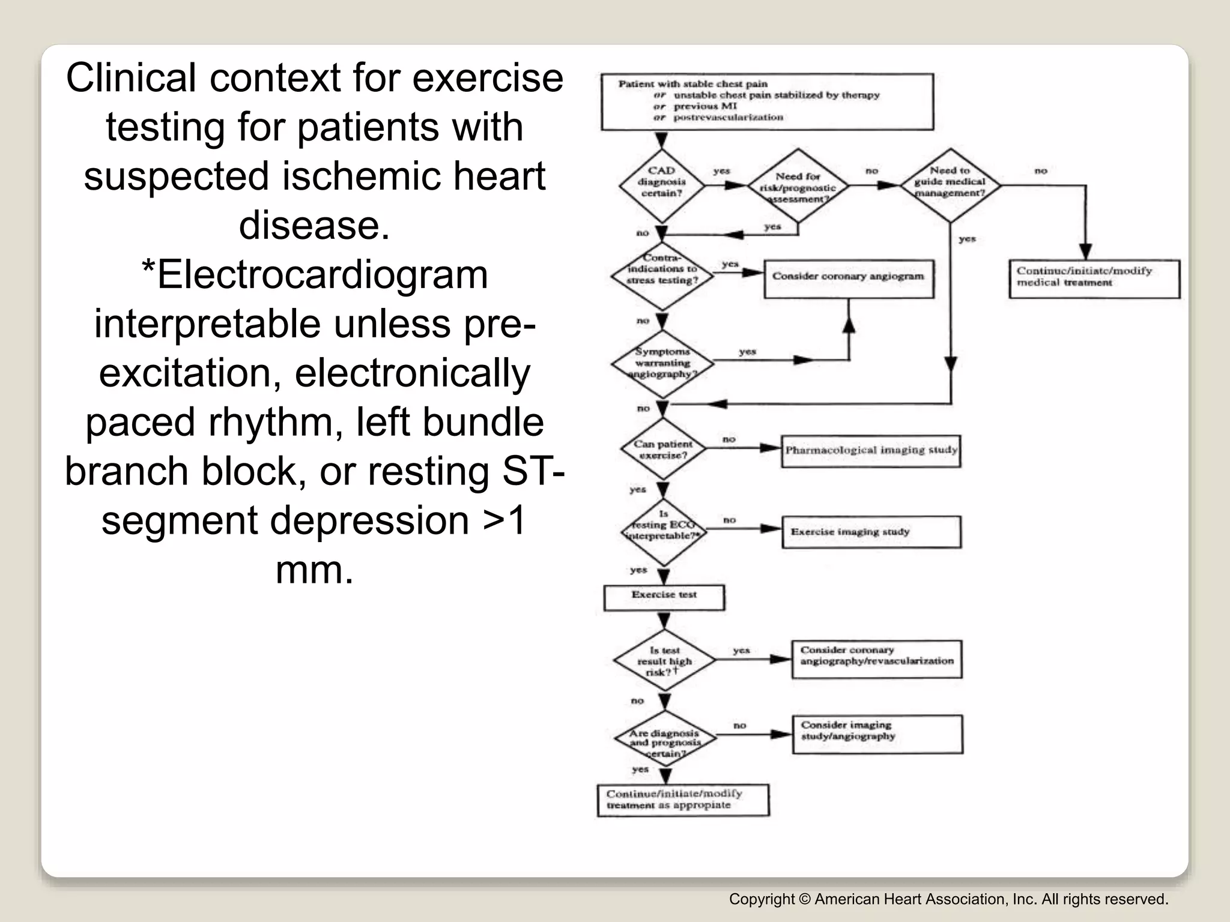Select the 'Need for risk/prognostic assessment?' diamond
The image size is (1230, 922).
click(798, 187)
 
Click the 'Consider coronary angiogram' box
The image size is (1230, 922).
click(848, 278)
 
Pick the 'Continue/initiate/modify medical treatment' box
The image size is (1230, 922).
click(1094, 278)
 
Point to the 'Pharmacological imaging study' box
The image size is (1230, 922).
click(870, 451)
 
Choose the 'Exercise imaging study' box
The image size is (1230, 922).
click(870, 532)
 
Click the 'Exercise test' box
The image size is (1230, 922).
click(664, 597)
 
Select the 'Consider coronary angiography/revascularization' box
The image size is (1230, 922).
click(876, 658)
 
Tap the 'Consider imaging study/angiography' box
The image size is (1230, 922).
click(876, 734)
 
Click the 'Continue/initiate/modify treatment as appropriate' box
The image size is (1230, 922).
click(683, 800)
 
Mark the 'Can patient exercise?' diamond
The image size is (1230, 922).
click(663, 450)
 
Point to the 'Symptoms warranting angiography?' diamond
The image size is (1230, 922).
click(662, 363)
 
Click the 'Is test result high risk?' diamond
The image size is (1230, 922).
click(664, 660)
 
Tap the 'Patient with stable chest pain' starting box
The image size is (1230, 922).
click(767, 101)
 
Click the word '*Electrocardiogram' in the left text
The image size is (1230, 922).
click(314, 275)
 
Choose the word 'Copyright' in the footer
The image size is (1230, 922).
click(761, 899)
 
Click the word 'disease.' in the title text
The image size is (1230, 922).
click(314, 226)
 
